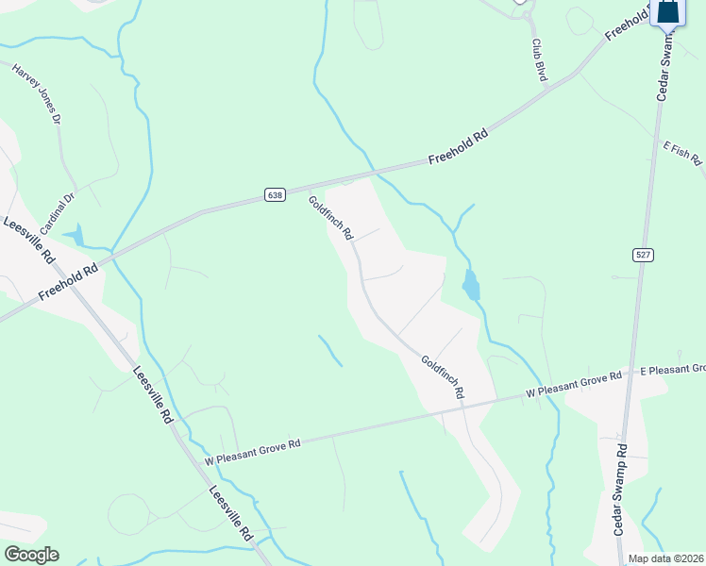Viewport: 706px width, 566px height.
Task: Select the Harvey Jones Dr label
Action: pos(37,94)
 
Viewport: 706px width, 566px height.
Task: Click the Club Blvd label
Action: pos(539,59)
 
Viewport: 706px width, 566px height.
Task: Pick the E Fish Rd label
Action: pos(682,154)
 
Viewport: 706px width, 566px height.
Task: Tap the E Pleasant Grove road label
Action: pos(672,369)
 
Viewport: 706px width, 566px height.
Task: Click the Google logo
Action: pos(31,555)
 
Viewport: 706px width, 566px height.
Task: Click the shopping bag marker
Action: pos(668,11)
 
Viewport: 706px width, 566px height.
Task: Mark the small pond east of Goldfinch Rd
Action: pos(471,285)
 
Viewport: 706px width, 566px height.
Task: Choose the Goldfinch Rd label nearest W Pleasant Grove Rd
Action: pos(443,375)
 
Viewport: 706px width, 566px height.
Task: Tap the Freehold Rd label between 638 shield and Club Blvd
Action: pos(458,148)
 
